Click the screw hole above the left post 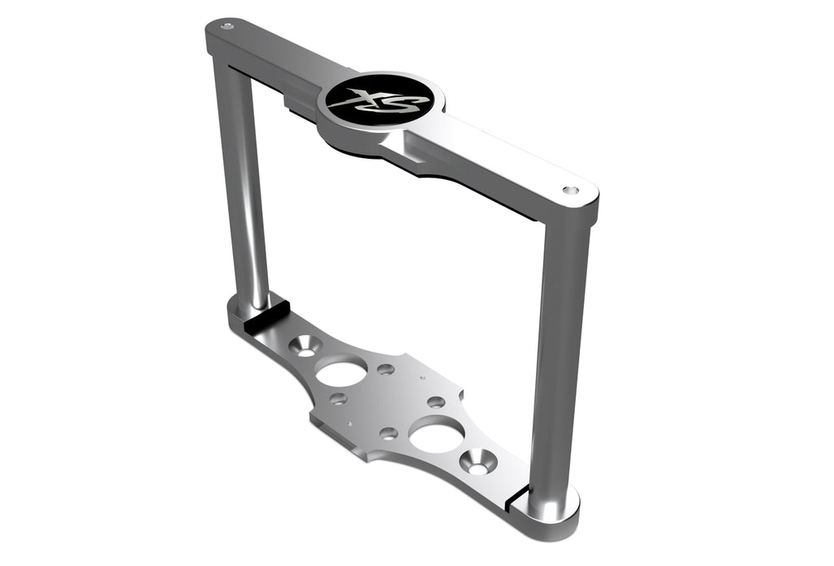(x=227, y=25)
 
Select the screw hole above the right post (x=570, y=190)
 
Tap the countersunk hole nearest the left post (x=307, y=346)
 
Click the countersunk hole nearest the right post (x=478, y=462)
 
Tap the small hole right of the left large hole (x=386, y=369)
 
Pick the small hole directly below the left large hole (x=339, y=399)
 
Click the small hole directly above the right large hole (x=436, y=402)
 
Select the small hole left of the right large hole (x=388, y=432)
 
